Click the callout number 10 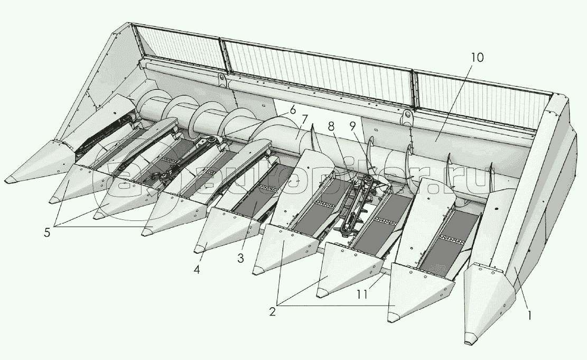[x=477, y=57]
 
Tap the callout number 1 [x=529, y=316]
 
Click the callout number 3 [x=240, y=258]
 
